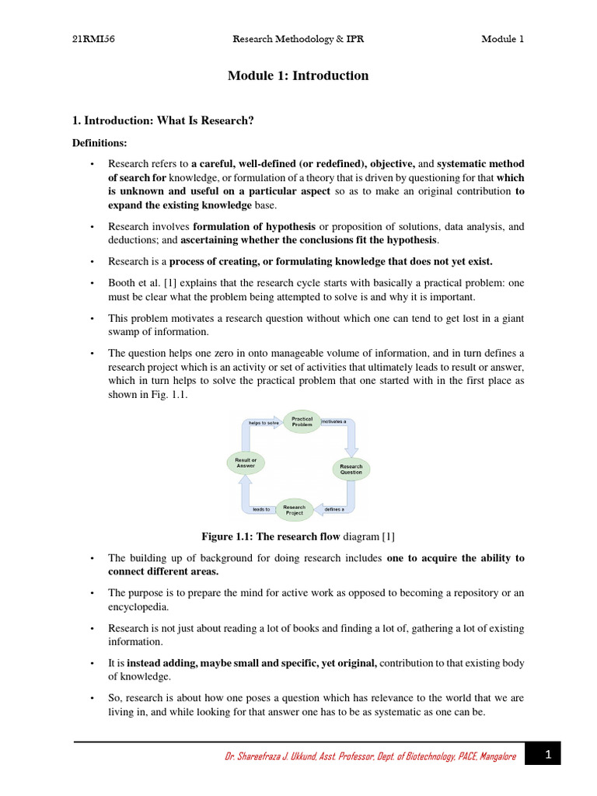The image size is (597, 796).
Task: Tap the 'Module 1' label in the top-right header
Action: point(502,40)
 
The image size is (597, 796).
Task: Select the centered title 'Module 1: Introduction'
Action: point(298,75)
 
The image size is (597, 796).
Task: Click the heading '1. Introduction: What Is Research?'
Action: point(163,120)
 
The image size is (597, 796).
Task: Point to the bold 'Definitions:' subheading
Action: point(99,143)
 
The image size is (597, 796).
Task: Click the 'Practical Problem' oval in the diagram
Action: point(302,422)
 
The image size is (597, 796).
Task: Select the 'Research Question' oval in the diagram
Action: point(351,470)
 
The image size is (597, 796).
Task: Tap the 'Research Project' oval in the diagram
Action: point(295,510)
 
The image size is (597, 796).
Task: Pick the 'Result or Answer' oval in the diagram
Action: point(246,463)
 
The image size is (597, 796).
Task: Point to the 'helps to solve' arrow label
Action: point(263,423)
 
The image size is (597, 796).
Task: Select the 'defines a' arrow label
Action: point(334,510)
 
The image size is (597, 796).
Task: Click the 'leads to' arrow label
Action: point(261,510)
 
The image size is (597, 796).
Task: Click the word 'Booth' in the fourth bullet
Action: point(121,282)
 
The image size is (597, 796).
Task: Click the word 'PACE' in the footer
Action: point(470,756)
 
